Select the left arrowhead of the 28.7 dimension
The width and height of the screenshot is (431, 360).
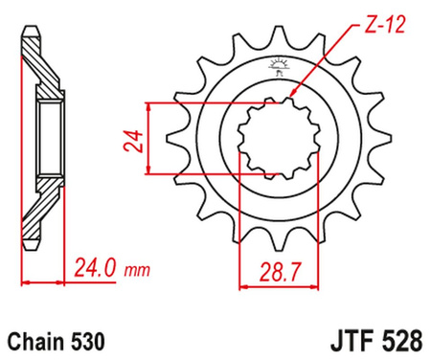(239, 284)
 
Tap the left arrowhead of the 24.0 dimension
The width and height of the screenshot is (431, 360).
(26, 284)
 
